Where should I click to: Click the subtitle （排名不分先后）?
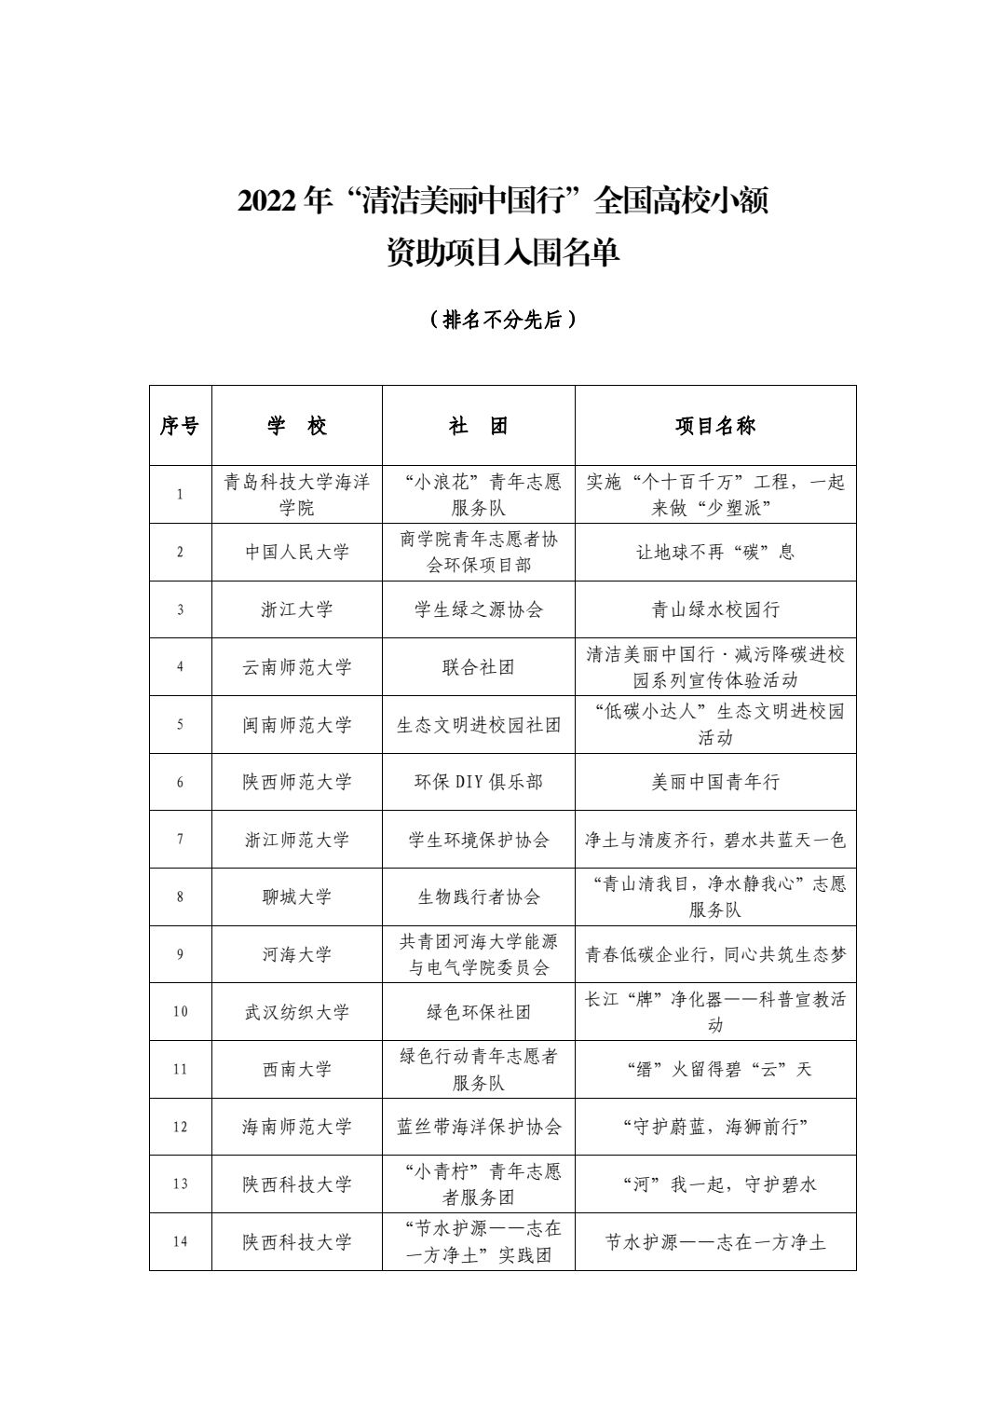(503, 320)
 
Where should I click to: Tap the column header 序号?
(180, 426)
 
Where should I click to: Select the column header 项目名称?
(714, 426)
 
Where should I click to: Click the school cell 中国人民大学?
(296, 552)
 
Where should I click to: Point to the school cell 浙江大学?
(296, 609)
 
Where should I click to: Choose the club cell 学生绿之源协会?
(478, 609)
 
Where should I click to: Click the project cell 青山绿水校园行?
(714, 609)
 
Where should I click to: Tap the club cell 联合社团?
(478, 667)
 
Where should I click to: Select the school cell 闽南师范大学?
(296, 724)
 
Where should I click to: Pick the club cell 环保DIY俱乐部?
(478, 782)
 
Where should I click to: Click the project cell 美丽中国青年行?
(714, 782)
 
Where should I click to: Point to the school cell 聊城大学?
(296, 896)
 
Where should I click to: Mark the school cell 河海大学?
(296, 954)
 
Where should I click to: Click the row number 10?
(180, 1012)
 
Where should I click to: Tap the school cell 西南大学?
(296, 1069)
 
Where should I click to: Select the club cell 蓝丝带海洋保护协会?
(478, 1127)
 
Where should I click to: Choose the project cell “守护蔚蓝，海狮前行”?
(714, 1127)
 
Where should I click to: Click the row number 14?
(180, 1242)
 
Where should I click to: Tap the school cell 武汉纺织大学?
(296, 1012)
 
